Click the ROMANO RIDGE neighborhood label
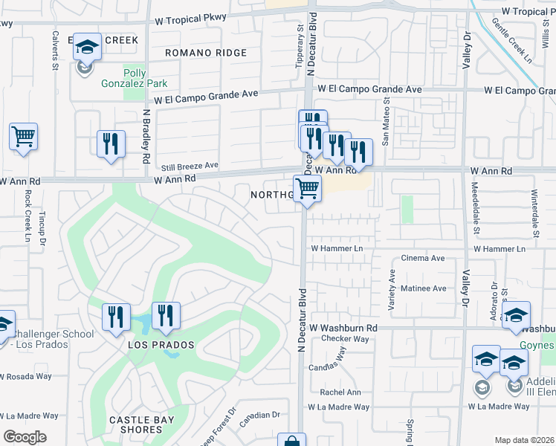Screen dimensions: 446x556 [x=205, y=53]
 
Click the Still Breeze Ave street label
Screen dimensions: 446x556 [x=190, y=165]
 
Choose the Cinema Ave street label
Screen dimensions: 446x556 [x=422, y=259]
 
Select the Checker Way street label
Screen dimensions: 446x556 [x=345, y=339]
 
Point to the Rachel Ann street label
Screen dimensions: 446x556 [x=340, y=392]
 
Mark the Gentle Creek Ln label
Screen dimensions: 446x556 [x=512, y=41]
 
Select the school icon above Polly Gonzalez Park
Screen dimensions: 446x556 [x=87, y=48]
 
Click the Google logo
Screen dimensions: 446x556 [x=25, y=437]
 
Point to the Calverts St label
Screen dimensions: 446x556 [x=55, y=50]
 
